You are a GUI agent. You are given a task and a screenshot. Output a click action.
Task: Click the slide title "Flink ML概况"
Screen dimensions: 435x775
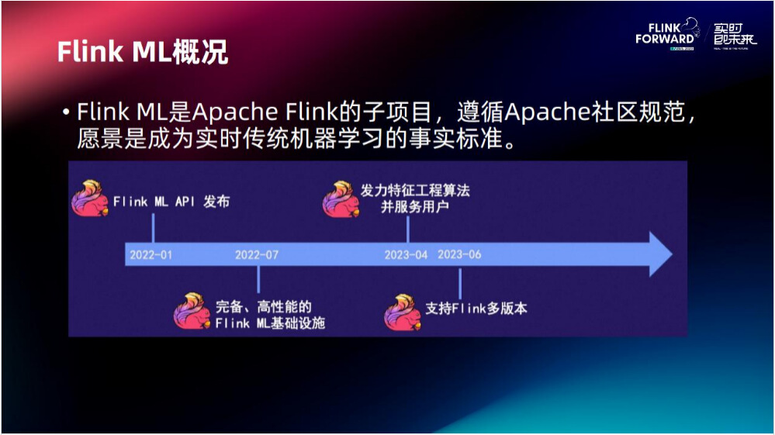coord(142,51)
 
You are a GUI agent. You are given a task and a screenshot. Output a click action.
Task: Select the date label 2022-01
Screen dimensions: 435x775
coord(151,254)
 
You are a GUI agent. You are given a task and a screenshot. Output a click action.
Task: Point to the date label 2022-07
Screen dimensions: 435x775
coord(257,254)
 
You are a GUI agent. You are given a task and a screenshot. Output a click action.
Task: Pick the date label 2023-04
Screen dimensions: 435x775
coord(406,254)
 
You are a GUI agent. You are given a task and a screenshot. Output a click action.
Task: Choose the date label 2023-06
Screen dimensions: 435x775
coord(459,254)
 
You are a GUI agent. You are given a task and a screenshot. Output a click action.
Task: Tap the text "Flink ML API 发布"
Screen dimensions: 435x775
coord(171,202)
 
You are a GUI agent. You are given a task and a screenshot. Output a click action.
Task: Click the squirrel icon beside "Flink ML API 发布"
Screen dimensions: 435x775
coord(89,199)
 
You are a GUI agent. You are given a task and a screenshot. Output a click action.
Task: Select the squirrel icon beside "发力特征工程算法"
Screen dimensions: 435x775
coord(340,199)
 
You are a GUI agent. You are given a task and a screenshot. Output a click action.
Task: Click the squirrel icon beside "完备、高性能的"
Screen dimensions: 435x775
coord(192,312)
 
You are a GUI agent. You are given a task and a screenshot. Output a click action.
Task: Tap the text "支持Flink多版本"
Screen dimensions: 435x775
coord(476,308)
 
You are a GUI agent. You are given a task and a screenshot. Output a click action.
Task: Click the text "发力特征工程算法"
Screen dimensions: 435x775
coord(415,191)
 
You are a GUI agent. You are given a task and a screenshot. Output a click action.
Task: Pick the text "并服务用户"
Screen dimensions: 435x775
coord(414,207)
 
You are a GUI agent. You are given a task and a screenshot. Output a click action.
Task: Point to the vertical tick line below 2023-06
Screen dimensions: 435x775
coord(460,281)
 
